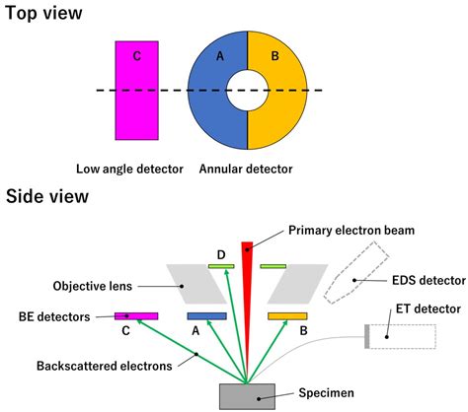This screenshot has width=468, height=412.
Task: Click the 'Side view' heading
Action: coord(46,196)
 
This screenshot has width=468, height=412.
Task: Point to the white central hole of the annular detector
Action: coord(247,90)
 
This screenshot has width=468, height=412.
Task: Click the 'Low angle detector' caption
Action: coord(129,169)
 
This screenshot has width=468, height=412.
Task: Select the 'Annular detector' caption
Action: coord(247,169)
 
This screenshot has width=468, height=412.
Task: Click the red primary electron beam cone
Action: coord(247,286)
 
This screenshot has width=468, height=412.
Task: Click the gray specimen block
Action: coord(247,393)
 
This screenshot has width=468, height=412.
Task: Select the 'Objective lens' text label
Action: coord(92,287)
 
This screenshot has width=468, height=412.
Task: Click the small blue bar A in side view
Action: coord(207,316)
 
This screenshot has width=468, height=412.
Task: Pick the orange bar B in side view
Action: coord(287,316)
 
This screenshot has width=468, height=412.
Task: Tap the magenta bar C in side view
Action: coord(136,316)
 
